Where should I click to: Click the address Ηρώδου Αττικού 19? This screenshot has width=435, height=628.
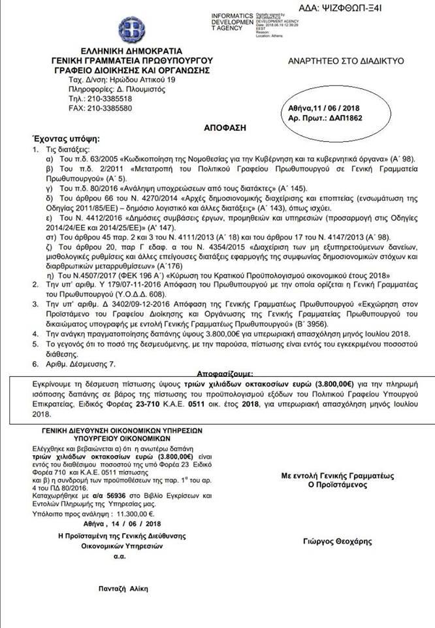coord(143,78)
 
